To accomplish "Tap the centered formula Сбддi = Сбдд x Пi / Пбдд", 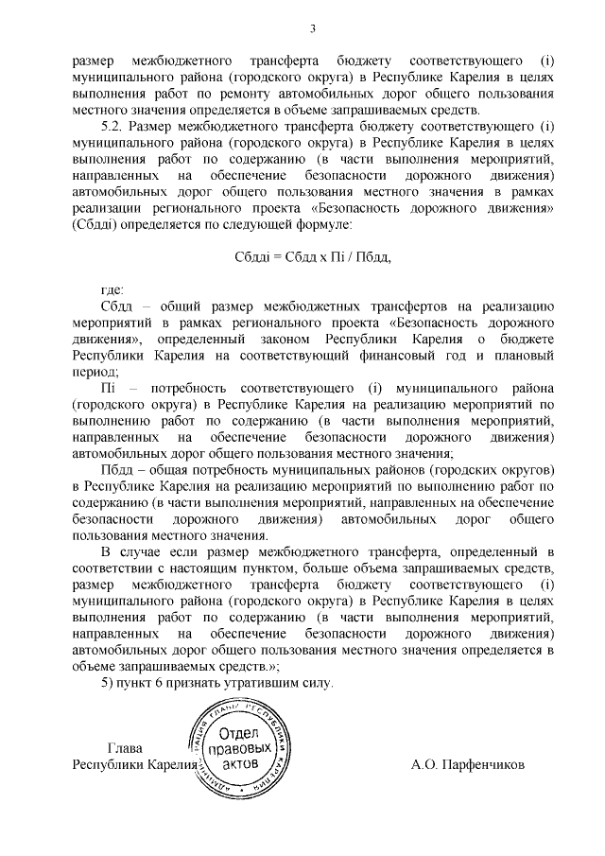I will coord(312,256).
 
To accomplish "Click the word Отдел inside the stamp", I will coord(240,734).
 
